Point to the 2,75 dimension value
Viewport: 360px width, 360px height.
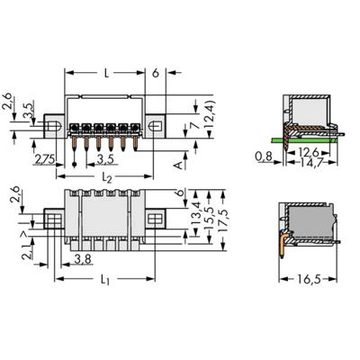point(41,159)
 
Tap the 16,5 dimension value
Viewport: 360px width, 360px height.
point(310,280)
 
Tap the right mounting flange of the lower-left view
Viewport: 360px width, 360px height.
point(158,217)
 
